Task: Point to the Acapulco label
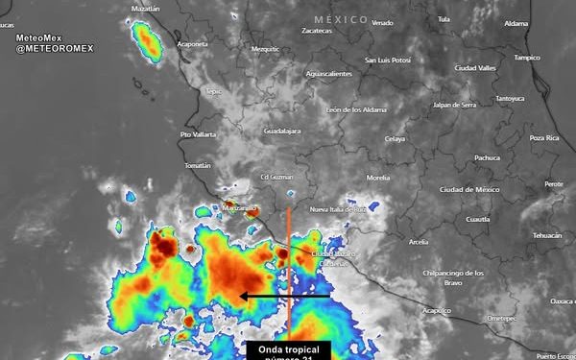436,310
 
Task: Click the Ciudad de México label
469,189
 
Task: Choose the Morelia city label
378,178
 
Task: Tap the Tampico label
527,57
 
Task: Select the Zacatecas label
316,31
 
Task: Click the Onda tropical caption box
288,349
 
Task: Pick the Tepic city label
213,92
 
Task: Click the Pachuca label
488,157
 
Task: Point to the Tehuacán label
547,235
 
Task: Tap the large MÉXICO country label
341,19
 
